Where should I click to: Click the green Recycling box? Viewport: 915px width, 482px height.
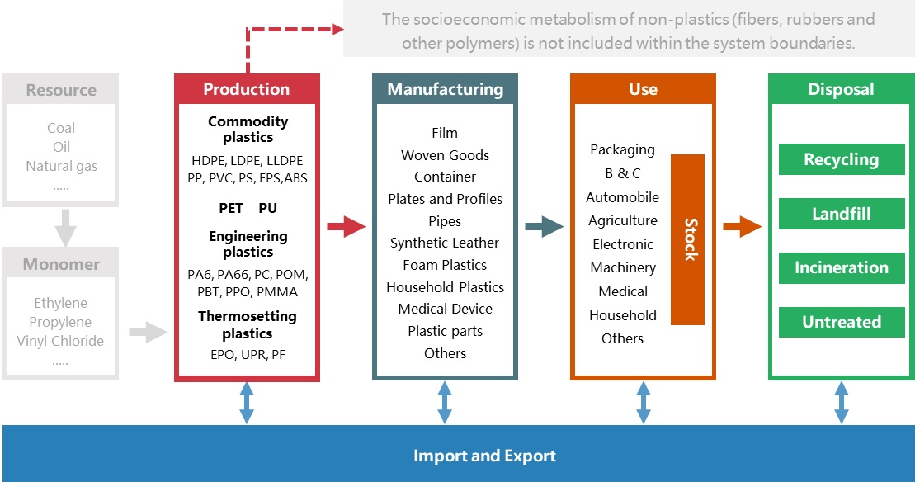click(x=842, y=160)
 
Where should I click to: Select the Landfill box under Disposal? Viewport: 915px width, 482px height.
click(x=842, y=214)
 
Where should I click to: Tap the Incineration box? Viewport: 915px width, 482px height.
click(x=842, y=267)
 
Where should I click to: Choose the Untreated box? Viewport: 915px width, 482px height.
click(x=842, y=322)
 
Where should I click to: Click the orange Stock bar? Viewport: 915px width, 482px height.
click(x=687, y=239)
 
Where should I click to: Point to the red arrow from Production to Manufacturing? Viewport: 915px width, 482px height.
click(x=346, y=226)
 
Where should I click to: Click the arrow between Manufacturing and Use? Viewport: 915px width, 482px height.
click(x=544, y=226)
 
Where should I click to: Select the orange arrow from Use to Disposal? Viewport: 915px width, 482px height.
click(x=742, y=226)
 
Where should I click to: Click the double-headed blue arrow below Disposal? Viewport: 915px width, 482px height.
click(x=842, y=403)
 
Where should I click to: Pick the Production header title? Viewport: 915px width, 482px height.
click(x=246, y=89)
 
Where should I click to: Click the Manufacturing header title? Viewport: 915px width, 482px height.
click(x=445, y=89)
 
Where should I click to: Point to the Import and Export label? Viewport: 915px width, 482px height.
click(x=484, y=456)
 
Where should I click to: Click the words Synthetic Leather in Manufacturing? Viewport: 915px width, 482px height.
click(x=445, y=243)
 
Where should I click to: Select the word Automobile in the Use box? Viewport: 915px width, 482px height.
click(x=622, y=197)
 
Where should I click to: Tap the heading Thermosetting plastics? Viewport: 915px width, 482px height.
click(x=247, y=324)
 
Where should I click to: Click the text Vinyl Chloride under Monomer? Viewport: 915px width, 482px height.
click(x=60, y=341)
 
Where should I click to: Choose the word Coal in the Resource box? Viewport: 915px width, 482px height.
click(x=61, y=128)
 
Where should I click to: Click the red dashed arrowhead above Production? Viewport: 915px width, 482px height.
click(x=337, y=30)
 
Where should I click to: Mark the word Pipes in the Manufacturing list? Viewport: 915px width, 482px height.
click(x=445, y=221)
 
